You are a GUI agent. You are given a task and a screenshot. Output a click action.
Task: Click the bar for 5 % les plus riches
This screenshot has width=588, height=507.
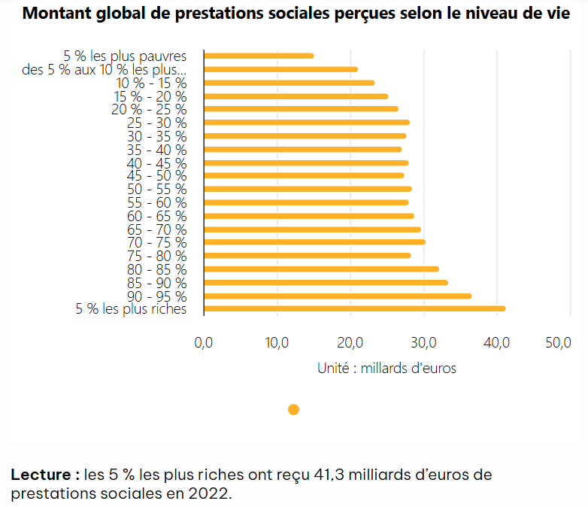[x=353, y=308]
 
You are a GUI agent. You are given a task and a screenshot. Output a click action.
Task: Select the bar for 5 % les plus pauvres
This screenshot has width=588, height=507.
[x=259, y=56]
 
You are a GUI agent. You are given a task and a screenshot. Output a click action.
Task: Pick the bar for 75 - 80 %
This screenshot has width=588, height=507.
[x=307, y=255]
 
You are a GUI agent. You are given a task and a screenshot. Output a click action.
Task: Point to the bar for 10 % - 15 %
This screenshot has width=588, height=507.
[x=289, y=83]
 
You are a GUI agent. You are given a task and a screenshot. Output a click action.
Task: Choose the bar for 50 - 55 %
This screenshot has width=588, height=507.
[x=308, y=189]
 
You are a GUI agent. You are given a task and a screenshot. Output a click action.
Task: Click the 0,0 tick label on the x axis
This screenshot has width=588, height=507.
[x=204, y=343]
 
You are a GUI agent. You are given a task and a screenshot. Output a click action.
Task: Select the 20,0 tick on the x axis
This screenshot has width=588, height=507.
[x=350, y=343]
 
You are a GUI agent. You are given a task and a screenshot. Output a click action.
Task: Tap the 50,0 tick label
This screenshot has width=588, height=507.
[x=557, y=343]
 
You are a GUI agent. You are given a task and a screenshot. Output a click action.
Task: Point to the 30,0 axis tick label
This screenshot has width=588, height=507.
[x=424, y=343]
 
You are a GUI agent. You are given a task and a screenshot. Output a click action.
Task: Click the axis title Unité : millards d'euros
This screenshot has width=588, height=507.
[x=386, y=369]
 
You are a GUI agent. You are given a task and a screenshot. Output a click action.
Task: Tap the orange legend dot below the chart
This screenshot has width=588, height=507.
[x=293, y=409]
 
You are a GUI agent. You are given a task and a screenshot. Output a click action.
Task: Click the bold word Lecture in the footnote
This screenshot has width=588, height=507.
[x=44, y=475]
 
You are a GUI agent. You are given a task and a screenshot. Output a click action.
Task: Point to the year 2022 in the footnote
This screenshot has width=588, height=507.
[x=211, y=495]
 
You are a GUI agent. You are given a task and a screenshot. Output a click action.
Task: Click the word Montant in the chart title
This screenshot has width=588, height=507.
[x=53, y=15]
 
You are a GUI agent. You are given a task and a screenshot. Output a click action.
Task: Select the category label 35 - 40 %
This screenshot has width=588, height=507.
[x=156, y=150]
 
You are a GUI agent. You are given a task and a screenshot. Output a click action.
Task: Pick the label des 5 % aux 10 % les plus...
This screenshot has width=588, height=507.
[x=105, y=69]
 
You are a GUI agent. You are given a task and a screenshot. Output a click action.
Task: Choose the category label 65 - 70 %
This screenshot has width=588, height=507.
[x=156, y=229]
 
